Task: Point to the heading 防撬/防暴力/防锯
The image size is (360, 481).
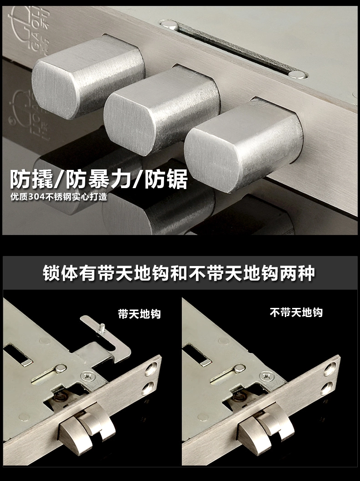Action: pyautogui.click(x=99, y=179)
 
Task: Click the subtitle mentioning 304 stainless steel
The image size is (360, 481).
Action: pyautogui.click(x=59, y=197)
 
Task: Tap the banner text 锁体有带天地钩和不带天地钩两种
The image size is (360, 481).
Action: pyautogui.click(x=179, y=273)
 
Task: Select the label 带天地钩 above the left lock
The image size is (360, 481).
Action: pyautogui.click(x=139, y=314)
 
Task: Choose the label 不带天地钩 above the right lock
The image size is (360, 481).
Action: pyautogui.click(x=296, y=312)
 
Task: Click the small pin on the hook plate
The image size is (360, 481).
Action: pyautogui.click(x=103, y=327)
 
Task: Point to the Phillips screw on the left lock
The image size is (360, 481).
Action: pyautogui.click(x=88, y=376)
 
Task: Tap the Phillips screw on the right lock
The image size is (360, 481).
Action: pyautogui.click(x=267, y=375)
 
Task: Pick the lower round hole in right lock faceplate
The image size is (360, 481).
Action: pyautogui.click(x=326, y=388)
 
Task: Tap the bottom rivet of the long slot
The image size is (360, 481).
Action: pyautogui.click(x=297, y=75)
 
